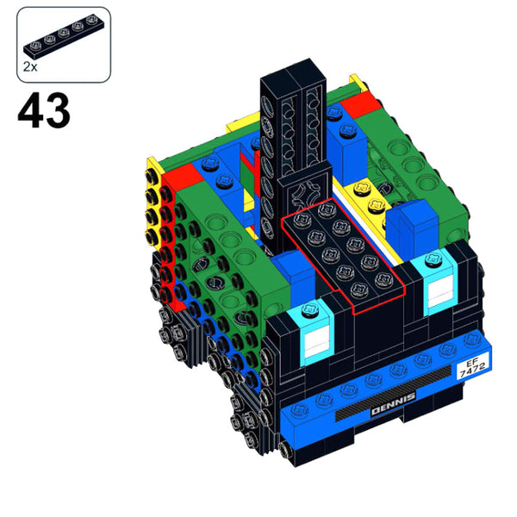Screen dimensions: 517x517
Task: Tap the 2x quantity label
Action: [x=31, y=65]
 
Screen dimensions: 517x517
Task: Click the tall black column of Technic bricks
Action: [x=292, y=129]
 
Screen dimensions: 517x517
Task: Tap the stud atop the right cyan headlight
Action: [x=434, y=258]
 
